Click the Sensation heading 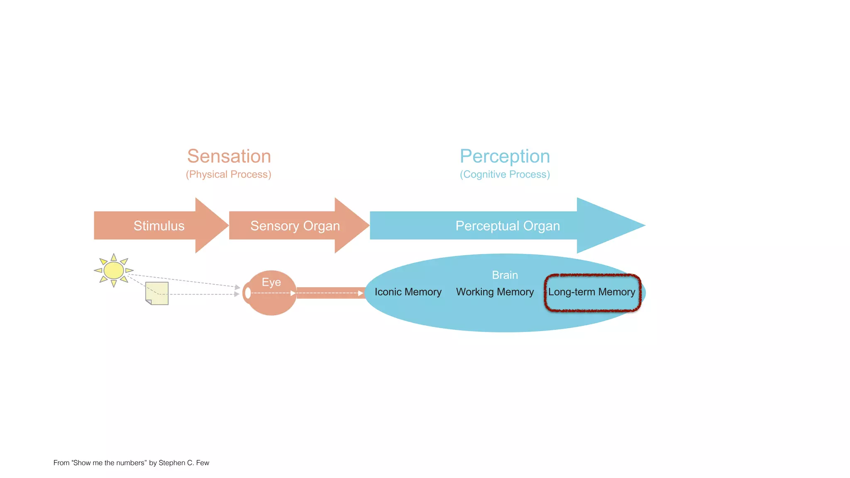(229, 156)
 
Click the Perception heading (505, 156)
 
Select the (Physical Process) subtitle (228, 174)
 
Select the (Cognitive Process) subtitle (505, 174)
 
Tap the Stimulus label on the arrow (159, 226)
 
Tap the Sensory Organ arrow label (295, 226)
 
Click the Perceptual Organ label (508, 226)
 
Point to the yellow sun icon (113, 271)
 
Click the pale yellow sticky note (157, 293)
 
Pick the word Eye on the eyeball (271, 282)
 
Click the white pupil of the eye (248, 293)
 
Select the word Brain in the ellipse (505, 275)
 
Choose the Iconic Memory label (408, 292)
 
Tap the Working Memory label (495, 292)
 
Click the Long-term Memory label (591, 292)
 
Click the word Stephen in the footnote (172, 463)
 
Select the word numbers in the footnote (132, 463)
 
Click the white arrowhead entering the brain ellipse (360, 293)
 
